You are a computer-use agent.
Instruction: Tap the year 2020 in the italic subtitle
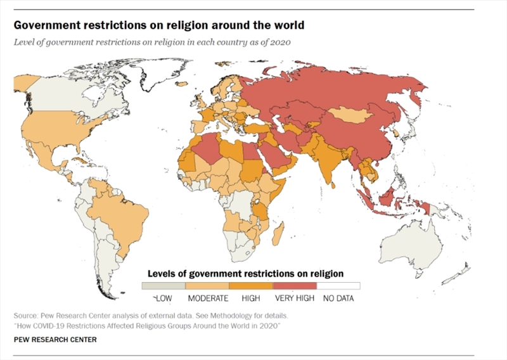click(281, 42)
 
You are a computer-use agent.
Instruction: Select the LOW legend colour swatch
click(164, 286)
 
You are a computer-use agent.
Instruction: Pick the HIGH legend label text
click(252, 297)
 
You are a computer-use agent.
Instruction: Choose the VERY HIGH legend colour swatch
click(295, 286)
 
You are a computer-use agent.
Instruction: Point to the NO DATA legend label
click(338, 297)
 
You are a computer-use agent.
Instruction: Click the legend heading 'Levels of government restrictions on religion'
click(245, 273)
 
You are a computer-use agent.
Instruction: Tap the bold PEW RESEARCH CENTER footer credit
click(55, 340)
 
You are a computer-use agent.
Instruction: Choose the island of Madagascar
click(278, 235)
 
